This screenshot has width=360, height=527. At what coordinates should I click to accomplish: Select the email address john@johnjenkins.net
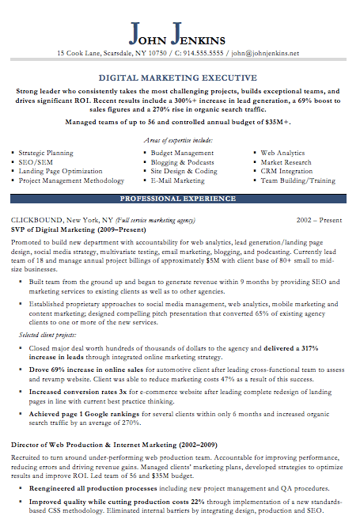pyautogui.click(x=265, y=54)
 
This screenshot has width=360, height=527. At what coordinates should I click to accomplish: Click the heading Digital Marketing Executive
pyautogui.click(x=177, y=78)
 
